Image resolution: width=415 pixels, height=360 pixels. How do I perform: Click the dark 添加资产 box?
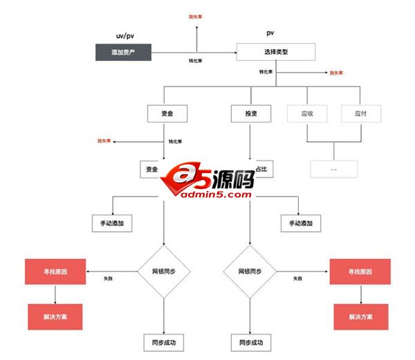[x=122, y=52]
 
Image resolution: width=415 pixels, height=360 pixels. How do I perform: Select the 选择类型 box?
[x=275, y=52]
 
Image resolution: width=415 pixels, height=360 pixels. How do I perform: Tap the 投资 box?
[x=250, y=113]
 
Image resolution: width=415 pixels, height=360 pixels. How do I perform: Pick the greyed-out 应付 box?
[x=360, y=113]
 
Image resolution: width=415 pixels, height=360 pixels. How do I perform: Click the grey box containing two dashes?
[x=333, y=169]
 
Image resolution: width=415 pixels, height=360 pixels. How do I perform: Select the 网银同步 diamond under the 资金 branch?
[x=164, y=271]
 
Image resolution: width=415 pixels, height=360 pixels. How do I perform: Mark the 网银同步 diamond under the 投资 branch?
[x=250, y=271]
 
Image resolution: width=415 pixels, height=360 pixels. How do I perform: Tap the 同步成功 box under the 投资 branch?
[x=250, y=342]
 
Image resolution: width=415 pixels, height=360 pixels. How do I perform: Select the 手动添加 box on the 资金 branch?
[x=112, y=223]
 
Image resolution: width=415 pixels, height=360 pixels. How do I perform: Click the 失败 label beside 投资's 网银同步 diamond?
[x=297, y=278]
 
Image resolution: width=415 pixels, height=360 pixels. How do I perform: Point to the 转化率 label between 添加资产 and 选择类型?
[x=196, y=61]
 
